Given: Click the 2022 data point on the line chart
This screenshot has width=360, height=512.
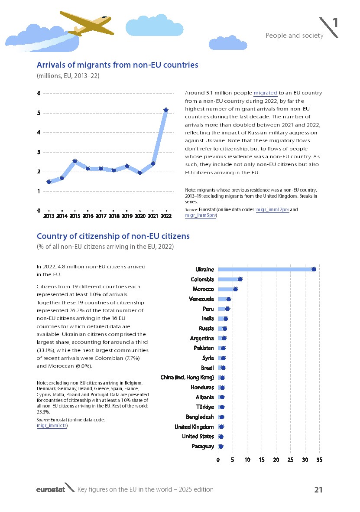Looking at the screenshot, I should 165,110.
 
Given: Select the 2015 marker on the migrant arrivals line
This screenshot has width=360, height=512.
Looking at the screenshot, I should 75,161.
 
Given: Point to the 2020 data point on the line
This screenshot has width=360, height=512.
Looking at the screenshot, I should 140,173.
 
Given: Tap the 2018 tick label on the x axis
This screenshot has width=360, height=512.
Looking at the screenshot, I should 114,216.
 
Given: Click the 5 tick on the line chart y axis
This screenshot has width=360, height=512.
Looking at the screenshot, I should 39,113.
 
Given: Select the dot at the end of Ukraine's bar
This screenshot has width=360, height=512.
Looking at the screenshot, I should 314,269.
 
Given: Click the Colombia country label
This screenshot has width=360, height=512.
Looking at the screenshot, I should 202,280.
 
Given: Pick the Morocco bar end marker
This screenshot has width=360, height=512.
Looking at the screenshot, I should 235,289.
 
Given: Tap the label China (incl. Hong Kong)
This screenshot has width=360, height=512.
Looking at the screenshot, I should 187,378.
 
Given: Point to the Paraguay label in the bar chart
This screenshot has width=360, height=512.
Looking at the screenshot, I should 203,447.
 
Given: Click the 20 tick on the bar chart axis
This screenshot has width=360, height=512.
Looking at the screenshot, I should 276,460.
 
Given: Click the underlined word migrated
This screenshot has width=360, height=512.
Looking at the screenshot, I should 265,93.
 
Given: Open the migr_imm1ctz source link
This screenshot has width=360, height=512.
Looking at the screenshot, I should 52,426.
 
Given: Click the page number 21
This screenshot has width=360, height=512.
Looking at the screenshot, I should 318,490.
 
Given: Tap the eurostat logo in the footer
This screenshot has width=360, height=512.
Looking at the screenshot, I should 50,489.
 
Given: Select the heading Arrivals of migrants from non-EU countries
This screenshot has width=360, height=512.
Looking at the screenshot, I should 117,65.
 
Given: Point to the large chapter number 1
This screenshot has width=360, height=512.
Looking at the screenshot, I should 335,23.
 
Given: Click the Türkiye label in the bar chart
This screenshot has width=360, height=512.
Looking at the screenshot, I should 205,407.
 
